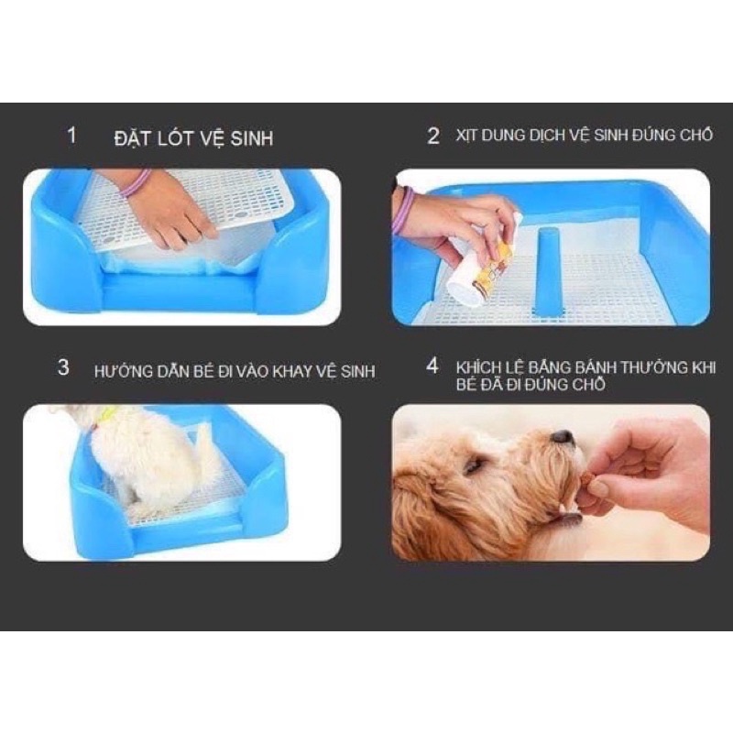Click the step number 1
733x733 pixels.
(x=71, y=135)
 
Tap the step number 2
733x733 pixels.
(x=433, y=136)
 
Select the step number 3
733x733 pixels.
(x=63, y=367)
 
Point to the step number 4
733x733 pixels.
(x=432, y=366)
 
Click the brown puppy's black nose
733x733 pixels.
(x=562, y=436)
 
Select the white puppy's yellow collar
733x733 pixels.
(x=104, y=416)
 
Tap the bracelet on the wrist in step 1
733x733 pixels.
(x=137, y=182)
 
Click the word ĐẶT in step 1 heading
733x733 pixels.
(x=133, y=139)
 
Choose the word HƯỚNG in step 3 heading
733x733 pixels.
(x=123, y=371)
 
